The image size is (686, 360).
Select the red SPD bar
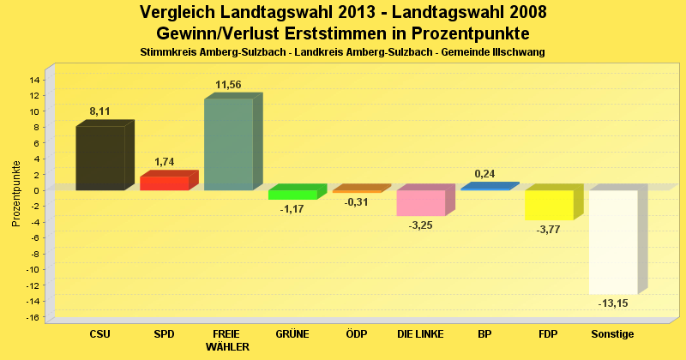(x=164, y=183)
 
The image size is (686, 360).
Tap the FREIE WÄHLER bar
(x=228, y=144)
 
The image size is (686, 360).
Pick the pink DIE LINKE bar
(x=420, y=203)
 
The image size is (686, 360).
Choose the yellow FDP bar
(x=549, y=205)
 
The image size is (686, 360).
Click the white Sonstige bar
(x=613, y=242)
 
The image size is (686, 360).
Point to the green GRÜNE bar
(x=292, y=195)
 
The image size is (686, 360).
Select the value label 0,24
(x=485, y=173)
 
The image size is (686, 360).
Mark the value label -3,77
(x=548, y=230)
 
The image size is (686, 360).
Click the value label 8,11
(x=100, y=111)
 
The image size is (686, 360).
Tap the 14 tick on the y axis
(x=34, y=80)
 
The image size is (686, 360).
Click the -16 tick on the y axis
(x=33, y=318)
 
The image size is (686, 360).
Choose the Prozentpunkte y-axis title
(x=16, y=194)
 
